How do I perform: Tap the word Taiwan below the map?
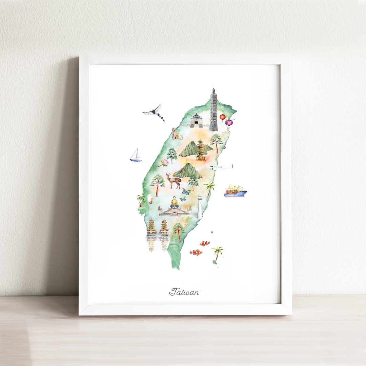(184, 292)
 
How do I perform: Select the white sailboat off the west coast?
(136, 156)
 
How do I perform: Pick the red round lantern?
(222, 117)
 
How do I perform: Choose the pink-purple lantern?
(229, 123)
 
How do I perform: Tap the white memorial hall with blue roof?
(196, 121)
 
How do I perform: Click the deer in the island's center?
(173, 180)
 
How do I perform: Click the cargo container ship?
(235, 192)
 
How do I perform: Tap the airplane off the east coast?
(221, 167)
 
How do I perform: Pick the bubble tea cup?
(150, 199)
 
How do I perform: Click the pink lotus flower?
(165, 163)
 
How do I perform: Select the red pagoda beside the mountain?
(201, 149)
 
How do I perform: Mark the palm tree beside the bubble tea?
(141, 200)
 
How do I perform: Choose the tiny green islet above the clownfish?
(212, 232)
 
